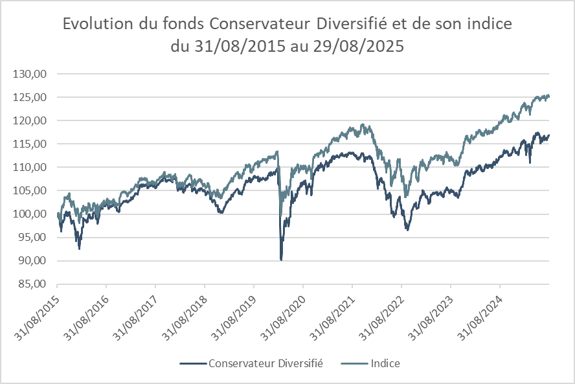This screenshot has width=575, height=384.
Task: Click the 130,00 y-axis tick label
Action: (x=30, y=74)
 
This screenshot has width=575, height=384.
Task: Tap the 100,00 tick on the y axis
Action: (x=30, y=214)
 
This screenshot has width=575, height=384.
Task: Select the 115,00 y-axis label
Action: (x=30, y=144)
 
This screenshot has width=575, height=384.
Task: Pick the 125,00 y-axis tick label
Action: (x=30, y=97)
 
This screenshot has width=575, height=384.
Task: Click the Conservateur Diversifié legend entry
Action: (x=265, y=363)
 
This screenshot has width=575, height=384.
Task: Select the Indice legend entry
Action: (x=385, y=363)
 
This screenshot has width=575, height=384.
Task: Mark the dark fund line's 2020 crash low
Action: (x=281, y=259)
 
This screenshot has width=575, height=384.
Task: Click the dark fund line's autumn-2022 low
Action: (x=407, y=229)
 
